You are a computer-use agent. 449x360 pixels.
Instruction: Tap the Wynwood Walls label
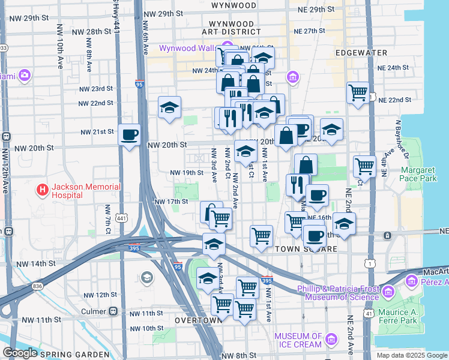187,48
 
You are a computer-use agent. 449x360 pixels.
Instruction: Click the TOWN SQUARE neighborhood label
302,248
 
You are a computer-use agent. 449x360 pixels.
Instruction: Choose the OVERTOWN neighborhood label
198,320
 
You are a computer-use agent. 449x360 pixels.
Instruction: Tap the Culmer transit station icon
112,311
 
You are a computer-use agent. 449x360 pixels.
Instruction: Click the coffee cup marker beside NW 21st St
129,134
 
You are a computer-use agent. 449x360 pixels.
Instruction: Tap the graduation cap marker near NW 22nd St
170,107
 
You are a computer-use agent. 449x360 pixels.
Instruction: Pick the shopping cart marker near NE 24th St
358,93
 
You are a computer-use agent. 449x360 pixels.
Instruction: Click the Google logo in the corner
20,353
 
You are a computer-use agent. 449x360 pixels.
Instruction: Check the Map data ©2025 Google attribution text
412,355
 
